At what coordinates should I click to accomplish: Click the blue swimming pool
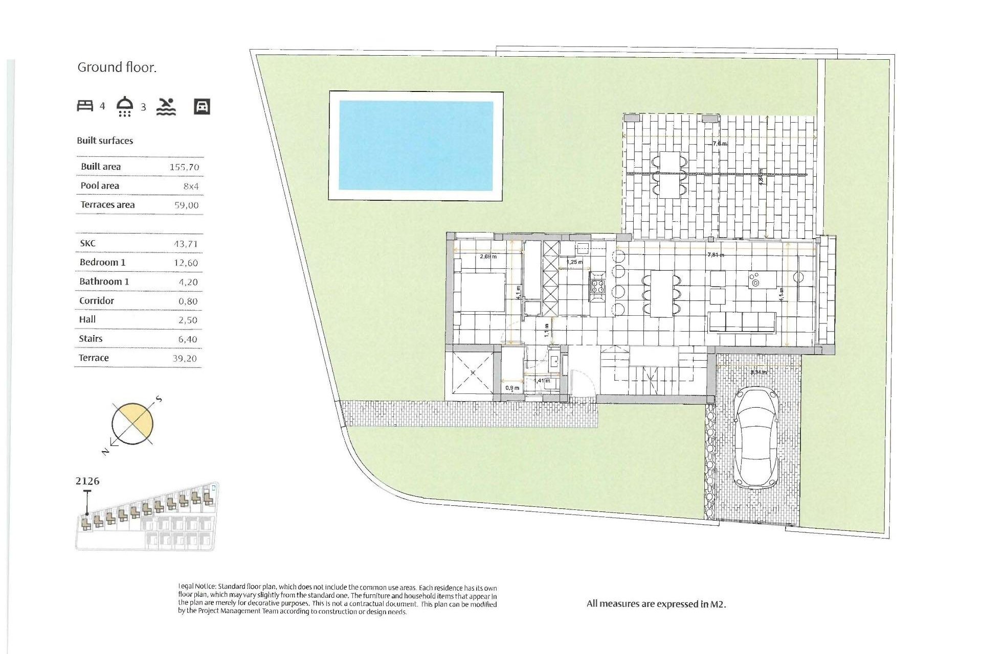416,146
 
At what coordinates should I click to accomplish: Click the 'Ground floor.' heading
117,67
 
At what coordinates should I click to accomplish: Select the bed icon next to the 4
85,106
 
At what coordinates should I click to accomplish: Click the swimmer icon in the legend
166,107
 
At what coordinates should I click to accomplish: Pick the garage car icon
202,107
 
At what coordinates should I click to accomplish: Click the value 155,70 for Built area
184,167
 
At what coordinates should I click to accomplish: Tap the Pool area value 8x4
191,186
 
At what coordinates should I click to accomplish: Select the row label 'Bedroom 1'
102,262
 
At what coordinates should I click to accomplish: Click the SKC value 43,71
185,244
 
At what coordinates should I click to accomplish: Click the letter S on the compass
159,399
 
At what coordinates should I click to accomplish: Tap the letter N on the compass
105,451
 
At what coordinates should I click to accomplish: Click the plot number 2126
87,481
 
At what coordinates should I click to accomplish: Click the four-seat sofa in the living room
742,322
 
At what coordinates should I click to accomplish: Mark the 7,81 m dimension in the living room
715,254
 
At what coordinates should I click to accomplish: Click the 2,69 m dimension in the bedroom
488,256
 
